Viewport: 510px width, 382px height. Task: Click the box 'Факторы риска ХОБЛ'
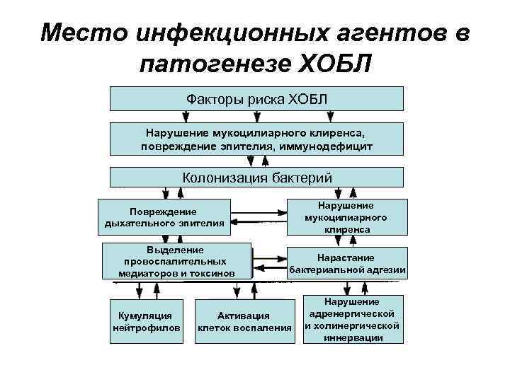(256, 98)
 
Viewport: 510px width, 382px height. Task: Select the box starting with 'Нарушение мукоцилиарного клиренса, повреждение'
(256, 139)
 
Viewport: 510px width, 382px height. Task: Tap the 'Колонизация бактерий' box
(256, 177)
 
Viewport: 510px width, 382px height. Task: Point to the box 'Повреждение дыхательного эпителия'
(164, 217)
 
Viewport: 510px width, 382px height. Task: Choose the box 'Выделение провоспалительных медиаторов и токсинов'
(176, 261)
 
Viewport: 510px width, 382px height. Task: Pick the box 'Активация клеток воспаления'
(244, 322)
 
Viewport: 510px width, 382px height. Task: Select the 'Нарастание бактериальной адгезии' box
(347, 263)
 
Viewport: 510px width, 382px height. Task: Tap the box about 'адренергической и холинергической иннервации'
(352, 319)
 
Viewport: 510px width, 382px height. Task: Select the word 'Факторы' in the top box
(215, 98)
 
